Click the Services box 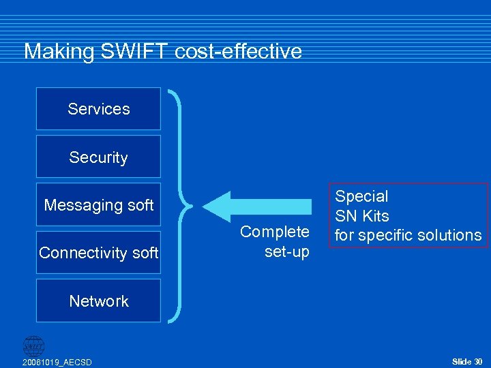98,108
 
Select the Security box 98,157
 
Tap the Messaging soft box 98,204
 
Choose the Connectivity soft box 98,253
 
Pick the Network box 98,301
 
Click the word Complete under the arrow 275,232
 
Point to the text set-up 286,251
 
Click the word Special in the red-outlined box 361,196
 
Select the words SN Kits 362,216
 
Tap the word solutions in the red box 449,235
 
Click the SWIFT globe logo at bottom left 33,346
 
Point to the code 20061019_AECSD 57,361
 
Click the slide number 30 478,361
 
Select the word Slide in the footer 462,361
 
